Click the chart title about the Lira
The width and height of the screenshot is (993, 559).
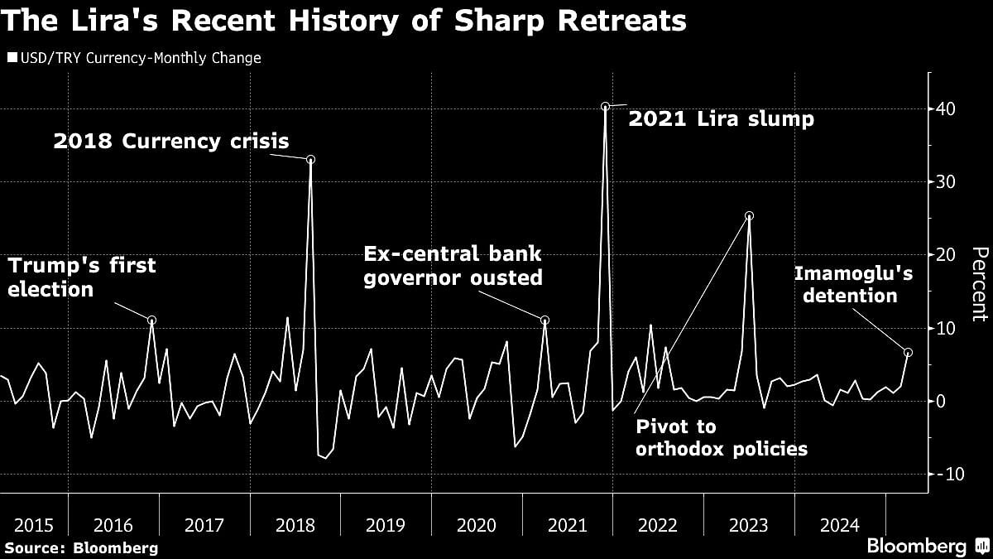tap(343, 20)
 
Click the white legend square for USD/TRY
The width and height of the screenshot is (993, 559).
tap(11, 58)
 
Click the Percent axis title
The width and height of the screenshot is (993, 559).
tap(979, 284)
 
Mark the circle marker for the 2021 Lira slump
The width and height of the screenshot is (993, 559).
tap(605, 106)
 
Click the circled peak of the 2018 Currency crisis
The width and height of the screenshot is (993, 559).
tap(310, 159)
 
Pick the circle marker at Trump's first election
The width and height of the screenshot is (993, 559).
tap(152, 320)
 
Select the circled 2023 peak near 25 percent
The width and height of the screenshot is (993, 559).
tap(749, 216)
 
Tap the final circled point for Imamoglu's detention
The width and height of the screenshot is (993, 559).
tap(908, 353)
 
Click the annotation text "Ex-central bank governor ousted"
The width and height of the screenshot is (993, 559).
tap(453, 266)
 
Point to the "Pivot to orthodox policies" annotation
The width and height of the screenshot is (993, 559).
tap(722, 438)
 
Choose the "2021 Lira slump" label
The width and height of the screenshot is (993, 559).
tap(722, 119)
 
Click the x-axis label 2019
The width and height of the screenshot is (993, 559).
tap(385, 525)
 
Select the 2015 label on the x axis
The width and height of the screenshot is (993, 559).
tap(35, 525)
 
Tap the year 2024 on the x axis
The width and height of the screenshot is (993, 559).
tap(839, 525)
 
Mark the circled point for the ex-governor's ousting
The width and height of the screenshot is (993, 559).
tap(544, 320)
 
